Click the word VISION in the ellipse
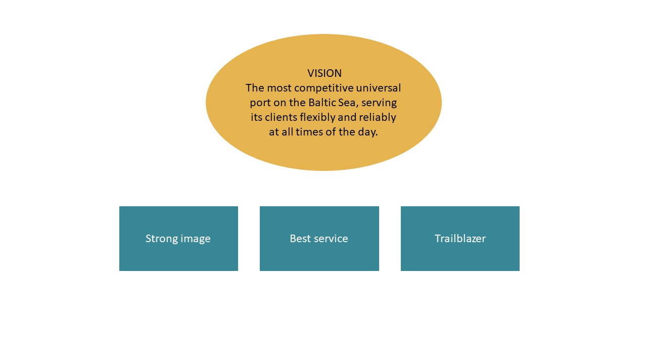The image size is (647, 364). click(x=325, y=73)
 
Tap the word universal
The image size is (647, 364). click(x=379, y=88)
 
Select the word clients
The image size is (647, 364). click(x=281, y=117)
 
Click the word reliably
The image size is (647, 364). click(x=378, y=118)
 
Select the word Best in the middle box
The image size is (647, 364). click(x=300, y=239)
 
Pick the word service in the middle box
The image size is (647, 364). click(x=331, y=239)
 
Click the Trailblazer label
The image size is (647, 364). click(x=460, y=239)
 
